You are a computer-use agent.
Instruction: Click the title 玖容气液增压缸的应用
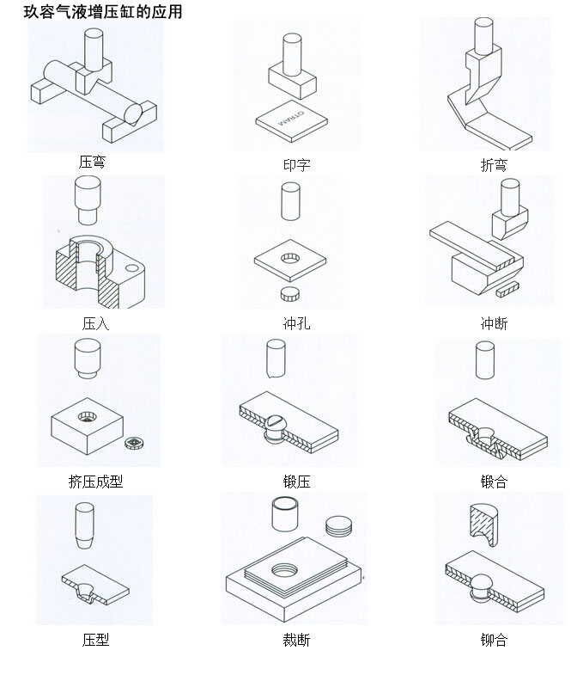(x=102, y=13)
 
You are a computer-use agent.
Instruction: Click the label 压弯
(x=92, y=161)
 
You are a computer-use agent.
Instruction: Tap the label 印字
(x=296, y=164)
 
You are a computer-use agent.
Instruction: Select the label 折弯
(x=494, y=164)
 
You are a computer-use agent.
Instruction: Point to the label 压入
(x=95, y=323)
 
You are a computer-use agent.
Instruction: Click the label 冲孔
(x=296, y=323)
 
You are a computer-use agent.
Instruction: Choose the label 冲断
(x=494, y=323)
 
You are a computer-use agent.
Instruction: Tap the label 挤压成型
(x=95, y=482)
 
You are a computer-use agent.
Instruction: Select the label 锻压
(x=296, y=482)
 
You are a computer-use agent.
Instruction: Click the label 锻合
(x=494, y=482)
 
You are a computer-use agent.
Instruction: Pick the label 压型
(x=95, y=639)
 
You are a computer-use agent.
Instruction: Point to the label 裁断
(x=296, y=639)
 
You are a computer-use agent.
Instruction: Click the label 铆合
(x=494, y=639)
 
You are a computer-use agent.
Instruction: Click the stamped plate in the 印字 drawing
(x=292, y=122)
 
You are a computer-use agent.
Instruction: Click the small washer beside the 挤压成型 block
(x=133, y=443)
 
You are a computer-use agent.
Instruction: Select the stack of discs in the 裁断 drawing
(x=339, y=526)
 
